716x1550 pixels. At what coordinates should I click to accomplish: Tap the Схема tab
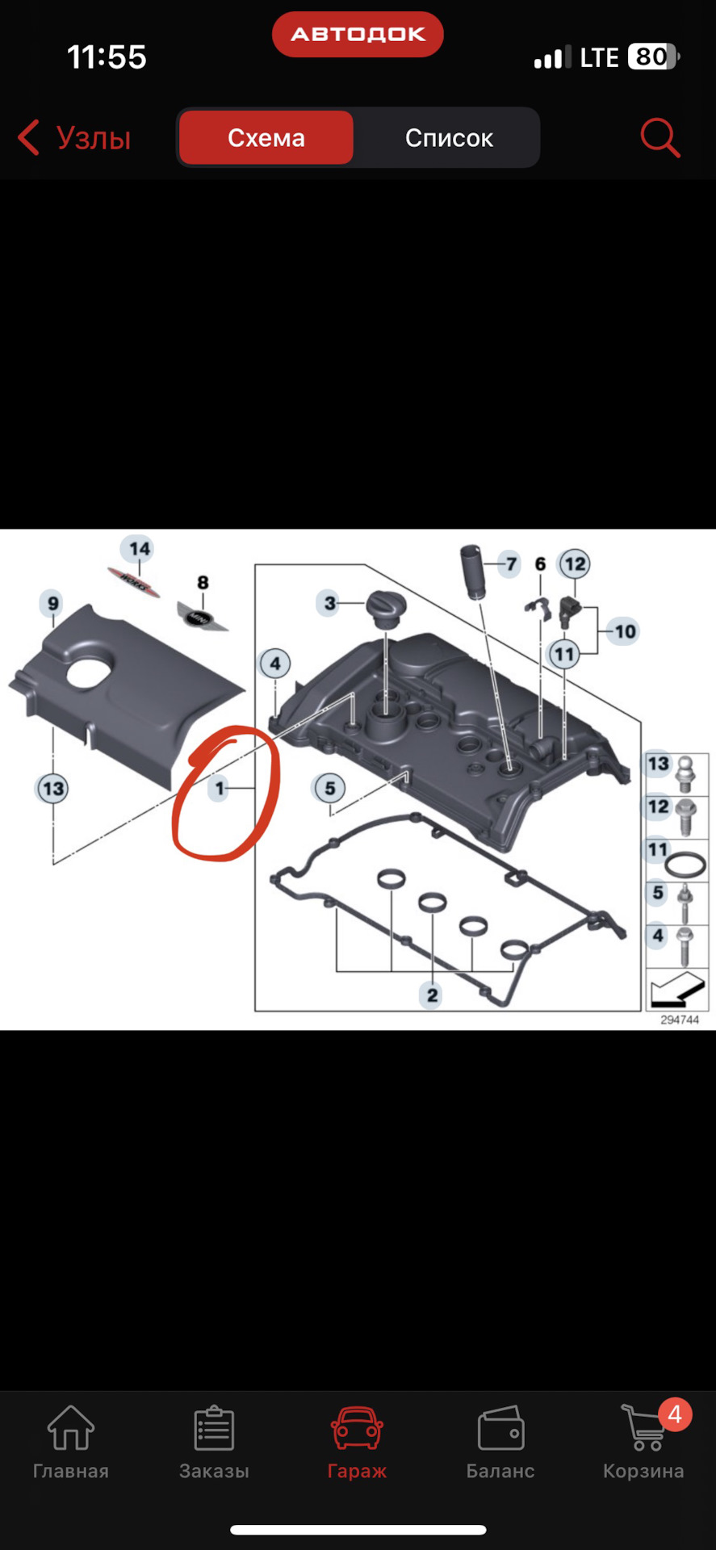(266, 138)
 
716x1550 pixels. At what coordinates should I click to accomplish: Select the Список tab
(449, 138)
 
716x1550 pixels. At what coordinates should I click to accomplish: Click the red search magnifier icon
(660, 138)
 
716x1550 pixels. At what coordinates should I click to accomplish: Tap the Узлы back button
(74, 138)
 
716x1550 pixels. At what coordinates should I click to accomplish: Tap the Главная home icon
(71, 1427)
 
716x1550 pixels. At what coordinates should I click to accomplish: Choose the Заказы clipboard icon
(214, 1427)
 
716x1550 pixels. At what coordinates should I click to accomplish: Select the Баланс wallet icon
(500, 1428)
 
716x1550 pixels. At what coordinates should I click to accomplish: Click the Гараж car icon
(357, 1427)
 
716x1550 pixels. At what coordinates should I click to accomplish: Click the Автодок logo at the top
(358, 34)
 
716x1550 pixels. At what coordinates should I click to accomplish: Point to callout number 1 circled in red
(219, 788)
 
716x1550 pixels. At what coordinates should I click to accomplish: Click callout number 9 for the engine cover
(53, 603)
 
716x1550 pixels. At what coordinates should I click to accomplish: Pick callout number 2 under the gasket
(432, 995)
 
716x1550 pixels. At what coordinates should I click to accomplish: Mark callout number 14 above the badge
(140, 549)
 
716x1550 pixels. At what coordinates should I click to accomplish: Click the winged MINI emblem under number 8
(202, 617)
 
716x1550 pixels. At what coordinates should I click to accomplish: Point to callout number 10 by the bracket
(625, 631)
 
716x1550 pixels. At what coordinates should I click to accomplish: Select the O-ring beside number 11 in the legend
(685, 864)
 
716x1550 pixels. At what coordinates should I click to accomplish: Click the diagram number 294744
(680, 1020)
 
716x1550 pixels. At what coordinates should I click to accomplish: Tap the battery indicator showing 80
(653, 57)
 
